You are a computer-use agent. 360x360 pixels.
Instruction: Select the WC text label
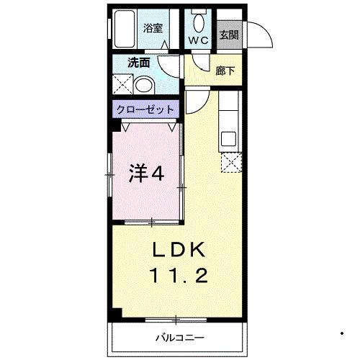click(x=199, y=41)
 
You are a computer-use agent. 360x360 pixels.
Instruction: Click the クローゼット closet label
click(x=147, y=110)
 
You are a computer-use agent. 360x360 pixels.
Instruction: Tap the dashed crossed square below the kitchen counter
click(x=231, y=163)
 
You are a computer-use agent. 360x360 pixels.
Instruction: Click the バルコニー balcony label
click(x=179, y=337)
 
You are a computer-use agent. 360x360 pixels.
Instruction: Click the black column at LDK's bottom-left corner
click(x=116, y=314)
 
